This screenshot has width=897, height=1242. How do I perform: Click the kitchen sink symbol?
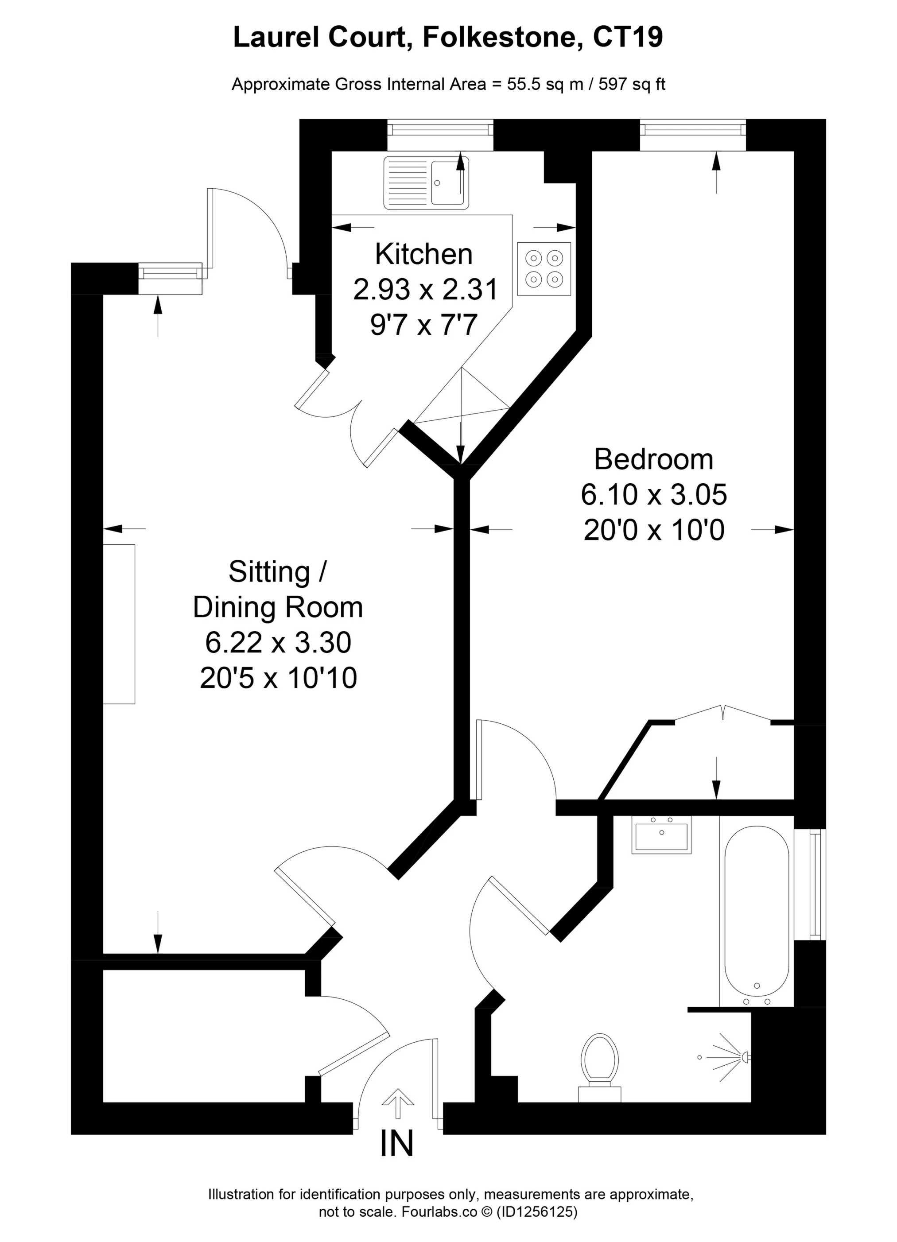[x=426, y=182]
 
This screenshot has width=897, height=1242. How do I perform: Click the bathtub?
[x=757, y=916]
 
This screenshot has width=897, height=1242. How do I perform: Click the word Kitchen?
[x=423, y=254]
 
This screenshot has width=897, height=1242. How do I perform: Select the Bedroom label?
[x=653, y=459]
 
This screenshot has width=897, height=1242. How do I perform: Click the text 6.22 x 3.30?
[x=278, y=642]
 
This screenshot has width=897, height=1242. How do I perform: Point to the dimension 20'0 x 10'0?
[x=654, y=530]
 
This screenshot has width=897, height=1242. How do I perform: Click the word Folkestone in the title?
[x=503, y=37]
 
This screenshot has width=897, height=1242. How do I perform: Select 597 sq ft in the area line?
[x=632, y=84]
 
